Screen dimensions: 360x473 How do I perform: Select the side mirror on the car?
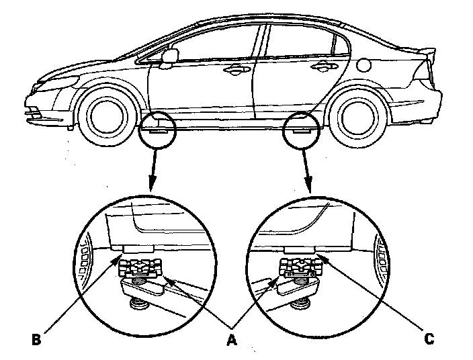169,56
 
